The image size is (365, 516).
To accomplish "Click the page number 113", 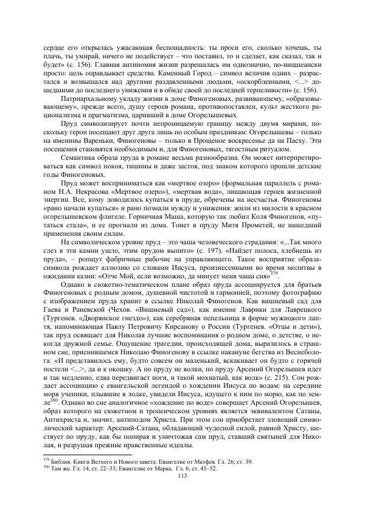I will pyautogui.click(x=182, y=476).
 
